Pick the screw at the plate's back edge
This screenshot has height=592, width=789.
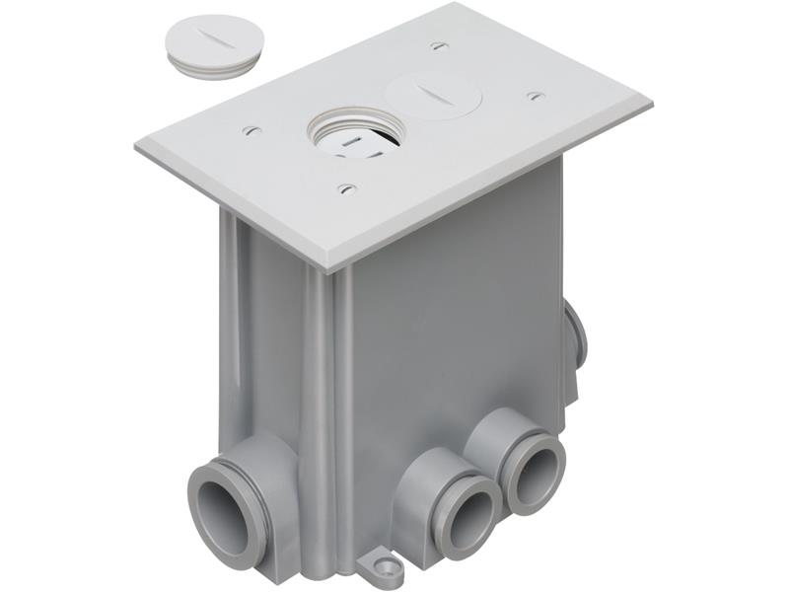pos(439,45)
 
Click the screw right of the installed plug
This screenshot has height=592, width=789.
pos(536,96)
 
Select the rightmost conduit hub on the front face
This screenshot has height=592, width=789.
pos(533,469)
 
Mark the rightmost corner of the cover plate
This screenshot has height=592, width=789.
pos(650,103)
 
